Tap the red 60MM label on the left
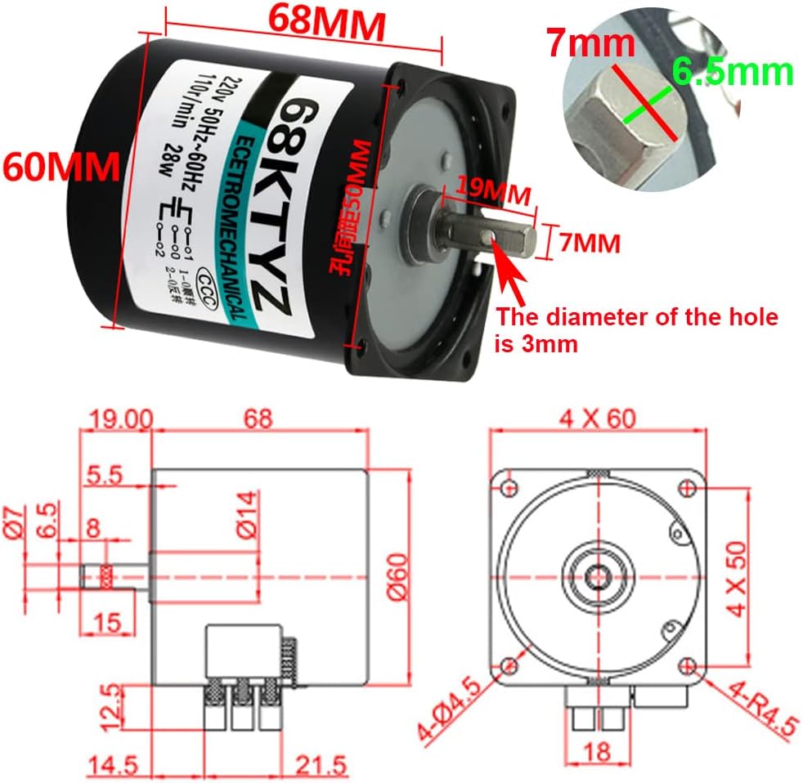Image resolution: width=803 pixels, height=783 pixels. [61, 167]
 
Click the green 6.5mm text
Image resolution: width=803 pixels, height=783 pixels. [733, 73]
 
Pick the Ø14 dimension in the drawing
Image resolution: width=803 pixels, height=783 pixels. [245, 512]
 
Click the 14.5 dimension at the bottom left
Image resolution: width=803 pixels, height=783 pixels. [112, 766]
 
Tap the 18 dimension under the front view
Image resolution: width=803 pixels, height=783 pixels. [598, 750]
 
